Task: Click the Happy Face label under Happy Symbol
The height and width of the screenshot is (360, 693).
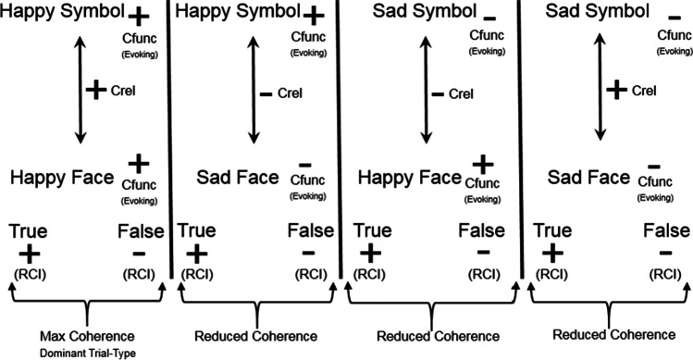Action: click(62, 176)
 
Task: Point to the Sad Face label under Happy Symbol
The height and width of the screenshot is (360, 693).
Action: click(234, 176)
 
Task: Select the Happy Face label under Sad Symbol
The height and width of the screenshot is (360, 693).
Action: click(410, 176)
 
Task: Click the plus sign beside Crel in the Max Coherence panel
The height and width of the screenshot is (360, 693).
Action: click(93, 91)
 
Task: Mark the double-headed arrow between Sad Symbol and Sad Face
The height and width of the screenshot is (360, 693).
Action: click(599, 90)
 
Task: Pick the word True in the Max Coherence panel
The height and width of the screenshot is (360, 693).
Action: click(28, 230)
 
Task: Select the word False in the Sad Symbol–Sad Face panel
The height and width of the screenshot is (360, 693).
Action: click(664, 230)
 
